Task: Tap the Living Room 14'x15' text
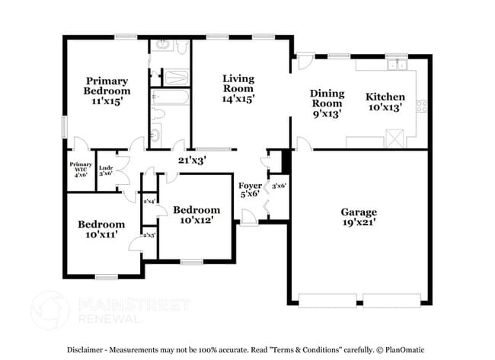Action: click(x=238, y=88)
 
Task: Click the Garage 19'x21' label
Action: click(x=359, y=217)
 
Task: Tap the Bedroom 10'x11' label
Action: click(x=101, y=230)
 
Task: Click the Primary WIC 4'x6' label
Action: click(x=81, y=169)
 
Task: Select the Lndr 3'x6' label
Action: click(x=105, y=170)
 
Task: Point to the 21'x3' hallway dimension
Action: click(x=192, y=160)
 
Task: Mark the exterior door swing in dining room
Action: click(x=302, y=60)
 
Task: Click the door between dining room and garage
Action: click(x=302, y=143)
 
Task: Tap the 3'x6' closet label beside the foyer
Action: click(x=279, y=185)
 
